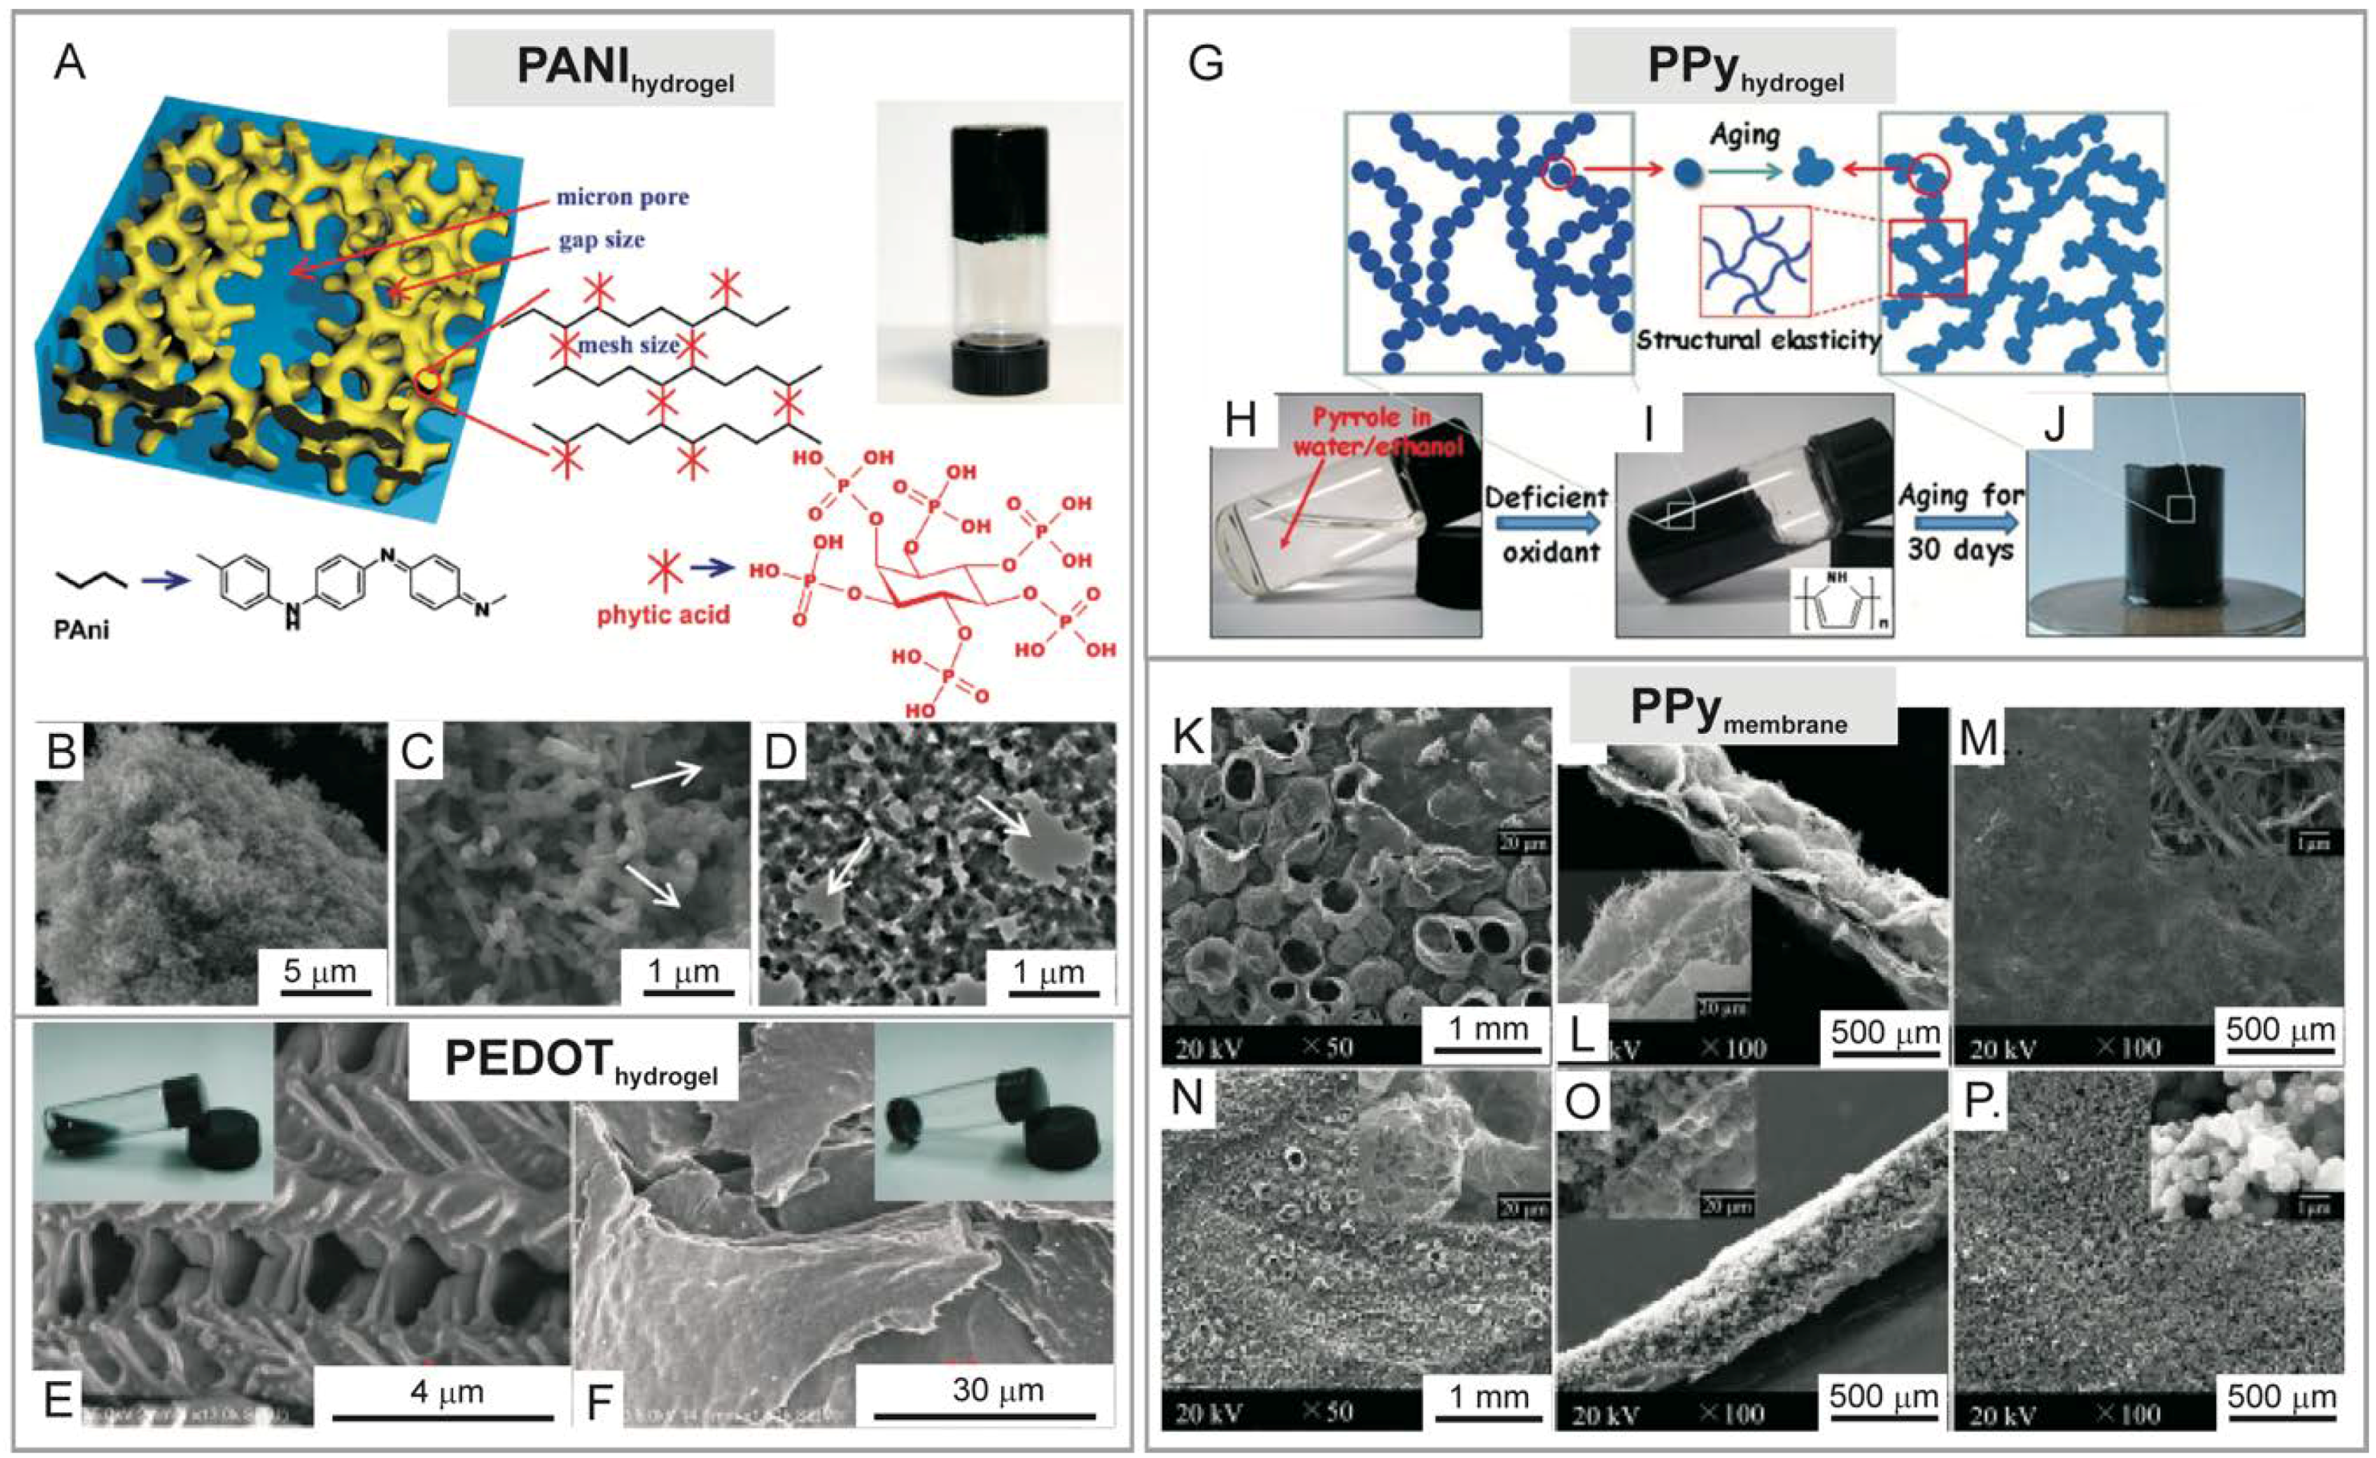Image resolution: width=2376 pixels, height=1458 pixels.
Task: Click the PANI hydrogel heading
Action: click(610, 67)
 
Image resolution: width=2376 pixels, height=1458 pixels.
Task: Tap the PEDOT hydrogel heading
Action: click(573, 1062)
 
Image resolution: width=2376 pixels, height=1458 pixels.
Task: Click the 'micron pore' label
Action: click(623, 197)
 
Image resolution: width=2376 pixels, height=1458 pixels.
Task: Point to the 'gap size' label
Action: click(601, 240)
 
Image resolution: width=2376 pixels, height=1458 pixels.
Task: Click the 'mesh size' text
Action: click(629, 344)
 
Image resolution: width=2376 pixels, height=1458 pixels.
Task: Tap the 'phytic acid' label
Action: click(663, 614)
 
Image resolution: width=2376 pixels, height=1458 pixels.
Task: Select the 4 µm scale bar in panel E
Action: click(444, 1415)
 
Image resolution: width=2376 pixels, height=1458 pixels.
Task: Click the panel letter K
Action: click(1189, 738)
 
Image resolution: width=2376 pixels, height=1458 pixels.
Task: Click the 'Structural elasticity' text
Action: click(1758, 340)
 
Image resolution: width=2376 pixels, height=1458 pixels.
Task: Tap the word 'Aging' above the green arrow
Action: click(1745, 135)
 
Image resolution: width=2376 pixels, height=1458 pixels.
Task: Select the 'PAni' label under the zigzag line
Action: click(81, 630)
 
